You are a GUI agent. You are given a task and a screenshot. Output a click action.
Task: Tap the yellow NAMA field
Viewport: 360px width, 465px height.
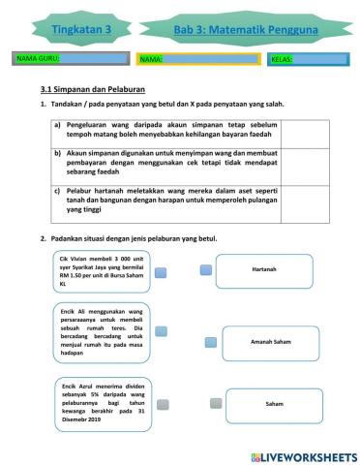click(198, 59)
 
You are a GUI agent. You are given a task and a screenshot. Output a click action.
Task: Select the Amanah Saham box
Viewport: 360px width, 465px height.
click(267, 343)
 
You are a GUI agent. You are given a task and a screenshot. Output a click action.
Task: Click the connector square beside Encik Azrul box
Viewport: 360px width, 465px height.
click(163, 404)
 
